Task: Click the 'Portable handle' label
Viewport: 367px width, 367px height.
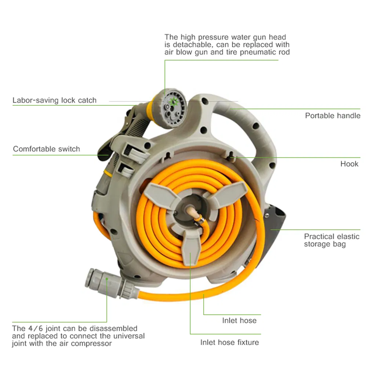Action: pyautogui.click(x=333, y=116)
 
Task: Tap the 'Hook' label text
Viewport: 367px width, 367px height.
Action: pyautogui.click(x=349, y=164)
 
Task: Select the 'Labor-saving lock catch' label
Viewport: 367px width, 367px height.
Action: pyautogui.click(x=54, y=100)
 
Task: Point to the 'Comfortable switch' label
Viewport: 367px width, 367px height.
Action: pyautogui.click(x=46, y=149)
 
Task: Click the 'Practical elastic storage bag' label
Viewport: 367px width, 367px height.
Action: pyautogui.click(x=331, y=240)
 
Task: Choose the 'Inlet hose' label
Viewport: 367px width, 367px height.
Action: pyautogui.click(x=239, y=320)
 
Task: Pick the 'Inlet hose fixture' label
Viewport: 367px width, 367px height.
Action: pyautogui.click(x=229, y=342)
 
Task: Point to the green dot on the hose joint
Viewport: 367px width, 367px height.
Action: pyautogui.click(x=106, y=279)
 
